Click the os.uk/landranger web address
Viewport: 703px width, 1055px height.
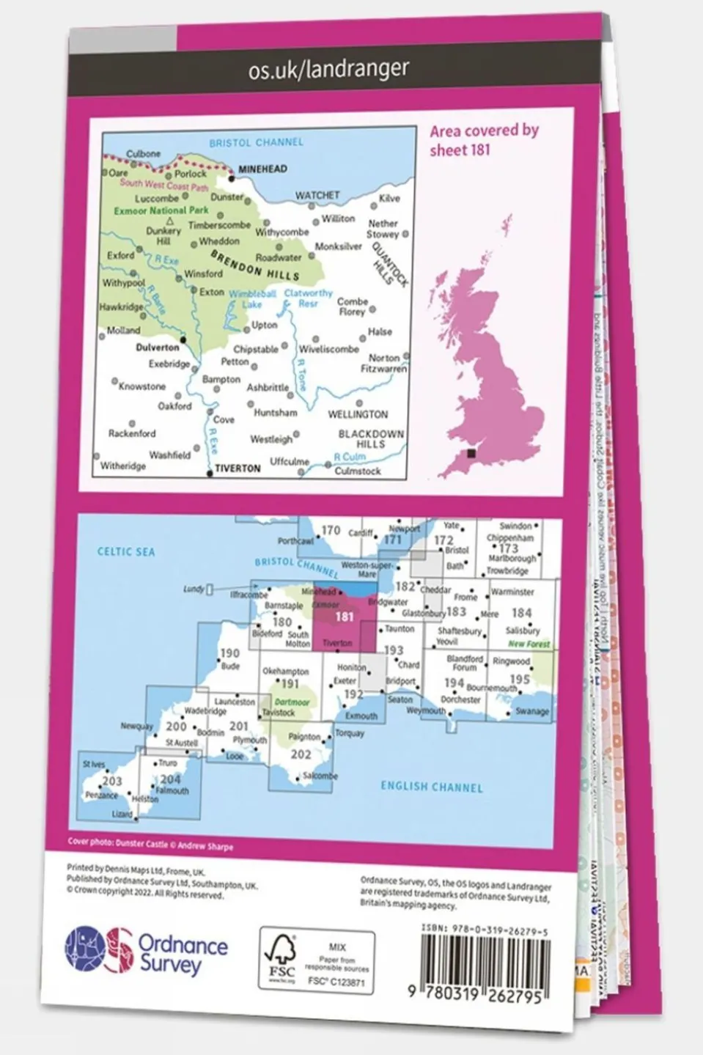pos(328,70)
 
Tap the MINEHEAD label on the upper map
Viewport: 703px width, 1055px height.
pos(262,169)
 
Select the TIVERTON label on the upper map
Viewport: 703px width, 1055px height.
pos(238,468)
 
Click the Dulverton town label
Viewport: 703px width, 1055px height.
pos(158,348)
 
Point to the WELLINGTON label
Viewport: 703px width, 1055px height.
pos(358,415)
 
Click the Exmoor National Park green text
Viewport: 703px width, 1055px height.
pos(161,210)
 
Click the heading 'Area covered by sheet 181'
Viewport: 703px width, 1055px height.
pos(484,140)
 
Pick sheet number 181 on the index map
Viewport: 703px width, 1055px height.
pos(344,617)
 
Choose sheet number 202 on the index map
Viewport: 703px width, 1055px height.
pos(301,754)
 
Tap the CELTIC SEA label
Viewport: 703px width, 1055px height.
pos(126,551)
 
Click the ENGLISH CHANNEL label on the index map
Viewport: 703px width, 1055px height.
pos(431,787)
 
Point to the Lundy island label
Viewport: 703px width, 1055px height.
pos(194,589)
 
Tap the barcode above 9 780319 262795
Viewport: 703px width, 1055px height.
pos(485,957)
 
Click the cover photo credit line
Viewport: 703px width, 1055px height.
pos(150,845)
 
